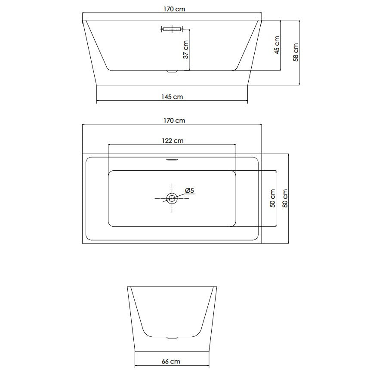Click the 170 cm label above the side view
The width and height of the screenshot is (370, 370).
[x=174, y=9]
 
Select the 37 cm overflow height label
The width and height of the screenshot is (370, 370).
[x=186, y=49]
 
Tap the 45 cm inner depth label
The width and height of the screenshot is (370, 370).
[x=277, y=45]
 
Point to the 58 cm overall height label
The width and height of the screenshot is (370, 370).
[x=296, y=52]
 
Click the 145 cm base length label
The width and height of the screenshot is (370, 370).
[x=172, y=97]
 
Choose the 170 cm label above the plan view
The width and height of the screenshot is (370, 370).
[x=174, y=120]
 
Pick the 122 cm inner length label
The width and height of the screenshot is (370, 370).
[x=173, y=141]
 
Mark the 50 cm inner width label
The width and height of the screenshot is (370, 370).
[x=272, y=198]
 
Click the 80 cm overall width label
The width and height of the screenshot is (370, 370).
[x=285, y=198]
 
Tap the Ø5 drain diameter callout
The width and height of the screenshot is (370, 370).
[x=189, y=191]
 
